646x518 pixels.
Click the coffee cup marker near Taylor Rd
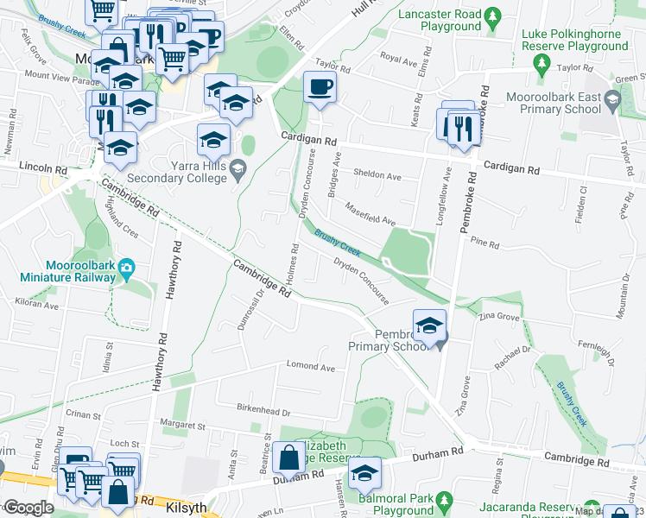pyautogui.click(x=320, y=87)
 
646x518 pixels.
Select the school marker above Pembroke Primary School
pyautogui.click(x=429, y=325)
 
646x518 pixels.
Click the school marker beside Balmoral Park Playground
pyautogui.click(x=364, y=473)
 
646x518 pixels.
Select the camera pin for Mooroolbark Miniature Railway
pyautogui.click(x=126, y=267)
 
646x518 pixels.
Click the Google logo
pyautogui.click(x=28, y=508)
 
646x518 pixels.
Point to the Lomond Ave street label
pyautogui.click(x=310, y=367)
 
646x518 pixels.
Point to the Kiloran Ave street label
pyautogui.click(x=35, y=305)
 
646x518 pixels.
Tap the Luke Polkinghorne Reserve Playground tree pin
pyautogui.click(x=542, y=63)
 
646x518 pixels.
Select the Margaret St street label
pyautogui.click(x=181, y=426)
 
